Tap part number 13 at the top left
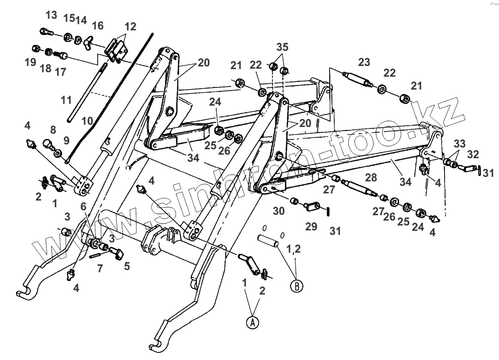tap(51, 15)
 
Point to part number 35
tap(282, 47)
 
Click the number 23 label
tap(364, 62)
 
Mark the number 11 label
tap(66, 101)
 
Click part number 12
tap(130, 27)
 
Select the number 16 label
tap(97, 26)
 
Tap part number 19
tap(30, 62)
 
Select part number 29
tap(311, 226)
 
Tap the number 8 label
tap(53, 130)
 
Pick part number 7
tap(99, 268)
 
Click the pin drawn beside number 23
tap(356, 79)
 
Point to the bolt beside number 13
tap(45, 32)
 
